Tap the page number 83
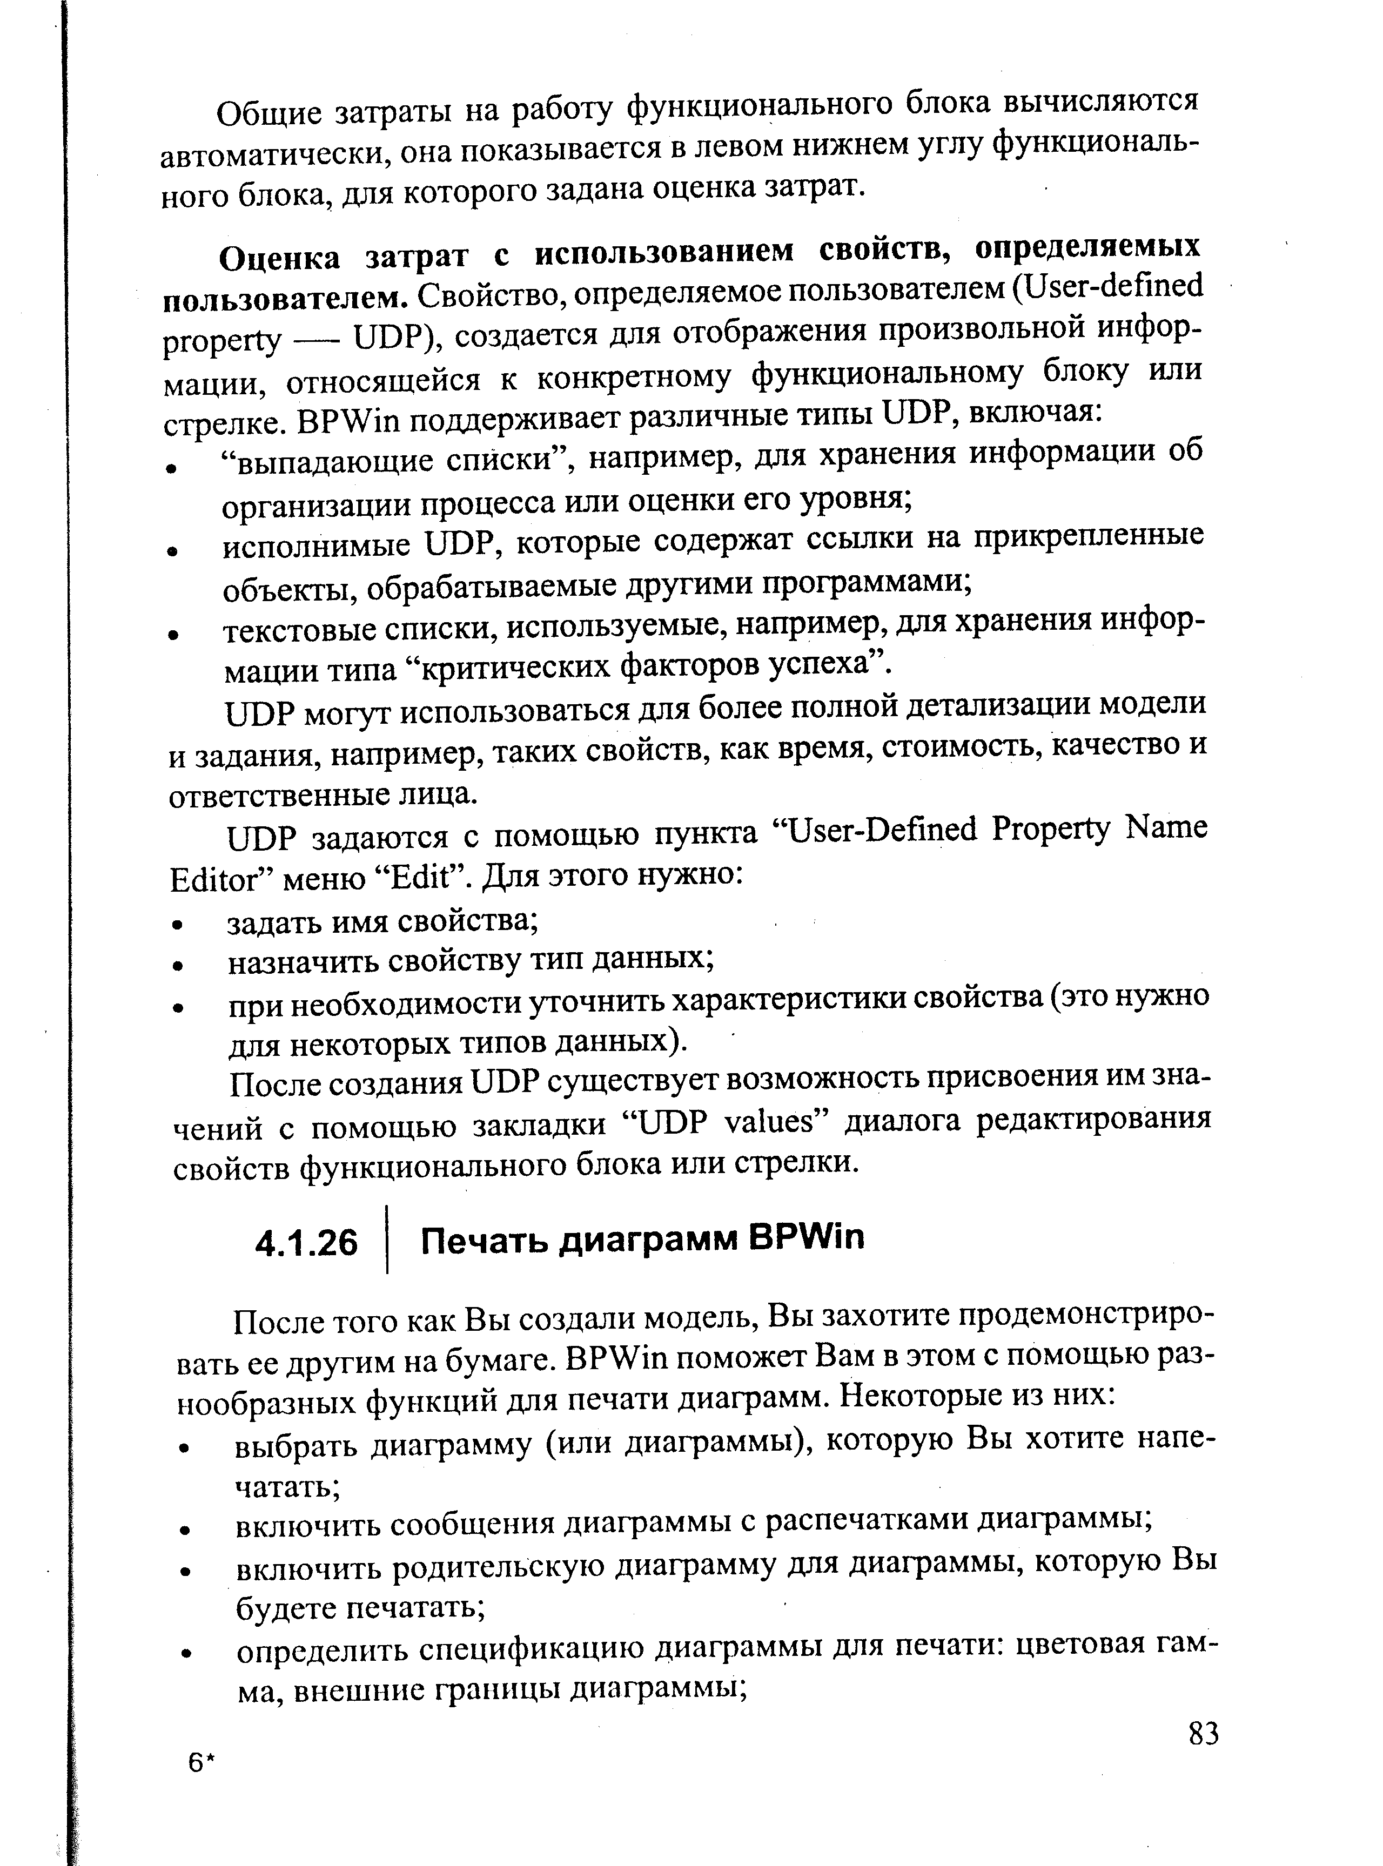coord(1203,1733)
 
